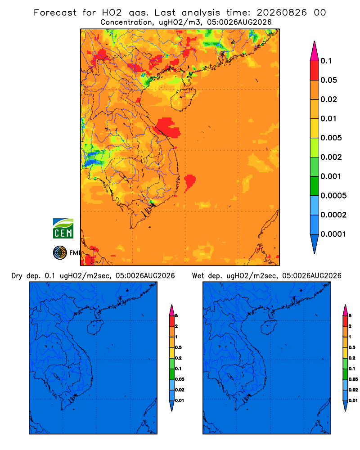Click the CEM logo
(x=63, y=228)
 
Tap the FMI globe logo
(x=60, y=252)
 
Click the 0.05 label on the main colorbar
(x=328, y=80)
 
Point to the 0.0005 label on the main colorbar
(x=333, y=196)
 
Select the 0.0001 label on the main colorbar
(x=333, y=234)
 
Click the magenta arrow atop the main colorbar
(x=315, y=51)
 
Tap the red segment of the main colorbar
(x=315, y=70)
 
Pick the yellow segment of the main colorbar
(x=315, y=128)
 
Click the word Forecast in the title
(x=55, y=13)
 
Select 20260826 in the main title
(x=282, y=13)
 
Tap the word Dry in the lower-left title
(x=17, y=276)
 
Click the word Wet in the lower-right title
(x=198, y=276)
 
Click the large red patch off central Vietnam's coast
(x=168, y=127)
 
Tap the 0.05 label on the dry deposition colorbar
(x=180, y=379)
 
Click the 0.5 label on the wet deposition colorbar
(x=352, y=347)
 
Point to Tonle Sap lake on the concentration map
(x=123, y=175)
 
